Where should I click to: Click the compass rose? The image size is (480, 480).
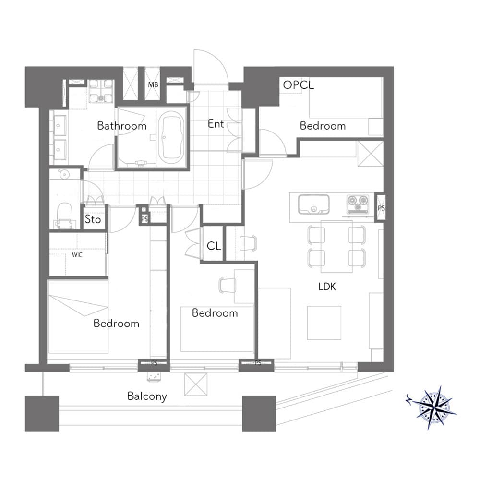(435, 407)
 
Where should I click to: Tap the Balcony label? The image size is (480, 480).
(147, 396)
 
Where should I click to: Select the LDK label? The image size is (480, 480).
(327, 287)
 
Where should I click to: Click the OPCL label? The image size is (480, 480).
(299, 85)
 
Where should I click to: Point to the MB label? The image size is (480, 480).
(153, 85)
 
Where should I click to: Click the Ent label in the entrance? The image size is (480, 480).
(216, 124)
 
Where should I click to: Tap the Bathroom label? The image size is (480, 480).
(122, 126)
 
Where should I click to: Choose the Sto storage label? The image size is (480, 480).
(93, 219)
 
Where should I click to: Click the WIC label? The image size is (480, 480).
(77, 255)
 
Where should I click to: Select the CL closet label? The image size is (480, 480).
(214, 246)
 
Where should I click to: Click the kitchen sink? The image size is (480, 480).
(314, 204)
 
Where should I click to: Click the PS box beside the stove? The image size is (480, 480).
(381, 207)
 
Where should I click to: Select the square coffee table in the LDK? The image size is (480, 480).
(324, 323)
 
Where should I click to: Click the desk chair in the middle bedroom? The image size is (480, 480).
(228, 285)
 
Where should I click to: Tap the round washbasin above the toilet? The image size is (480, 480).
(65, 175)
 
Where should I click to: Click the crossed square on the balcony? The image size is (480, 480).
(196, 384)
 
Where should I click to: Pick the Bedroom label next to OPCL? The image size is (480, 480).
(323, 126)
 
